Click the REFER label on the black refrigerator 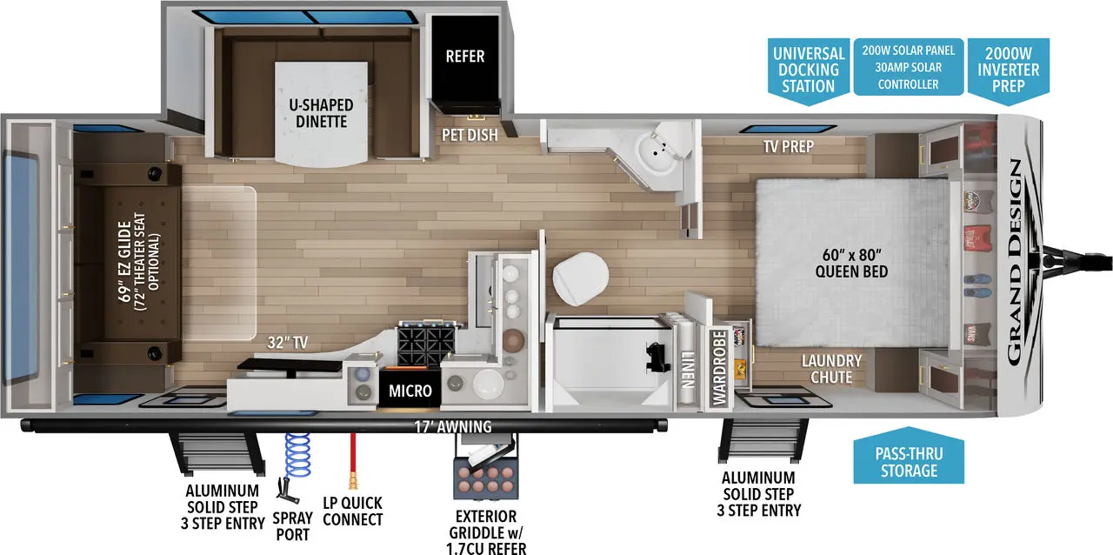(464, 57)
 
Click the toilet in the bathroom (576, 276)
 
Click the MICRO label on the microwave (410, 391)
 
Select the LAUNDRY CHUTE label (831, 369)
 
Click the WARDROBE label (719, 367)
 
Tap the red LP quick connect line (353, 461)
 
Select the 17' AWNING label (452, 426)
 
